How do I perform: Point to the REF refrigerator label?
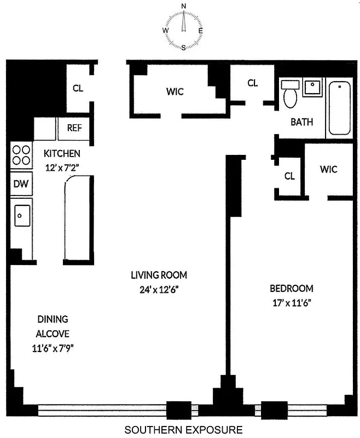(74, 128)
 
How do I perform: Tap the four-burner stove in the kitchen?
(21, 154)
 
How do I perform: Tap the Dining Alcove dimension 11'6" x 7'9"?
(53, 348)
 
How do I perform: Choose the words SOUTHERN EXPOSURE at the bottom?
(183, 430)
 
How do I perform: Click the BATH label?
(301, 122)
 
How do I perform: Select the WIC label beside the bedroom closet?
(328, 169)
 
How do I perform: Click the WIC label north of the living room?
(175, 91)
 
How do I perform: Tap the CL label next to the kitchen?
(78, 88)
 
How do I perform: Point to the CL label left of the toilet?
(252, 83)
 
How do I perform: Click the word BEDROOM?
(291, 289)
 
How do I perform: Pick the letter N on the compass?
(183, 6)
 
